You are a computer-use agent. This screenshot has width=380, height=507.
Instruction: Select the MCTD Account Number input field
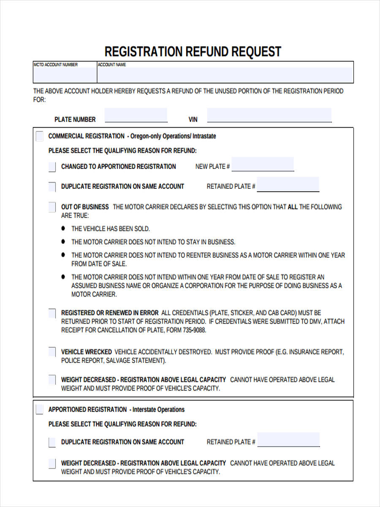click(x=65, y=75)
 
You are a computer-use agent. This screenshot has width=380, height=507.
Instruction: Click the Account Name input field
click(x=225, y=75)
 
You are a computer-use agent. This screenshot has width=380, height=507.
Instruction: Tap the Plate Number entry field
click(x=136, y=115)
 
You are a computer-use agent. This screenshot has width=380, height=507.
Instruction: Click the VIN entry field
click(x=269, y=115)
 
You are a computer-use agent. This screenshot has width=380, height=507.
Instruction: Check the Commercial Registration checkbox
click(x=39, y=136)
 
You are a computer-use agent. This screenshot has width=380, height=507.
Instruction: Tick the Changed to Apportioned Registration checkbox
click(x=52, y=167)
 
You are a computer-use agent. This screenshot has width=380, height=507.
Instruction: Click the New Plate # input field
click(x=263, y=164)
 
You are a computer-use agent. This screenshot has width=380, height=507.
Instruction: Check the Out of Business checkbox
click(x=52, y=207)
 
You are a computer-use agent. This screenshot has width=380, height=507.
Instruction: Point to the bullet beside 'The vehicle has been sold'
click(x=63, y=228)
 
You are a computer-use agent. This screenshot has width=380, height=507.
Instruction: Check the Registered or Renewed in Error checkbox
click(x=52, y=313)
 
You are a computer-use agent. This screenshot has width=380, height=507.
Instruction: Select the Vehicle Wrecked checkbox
click(x=52, y=352)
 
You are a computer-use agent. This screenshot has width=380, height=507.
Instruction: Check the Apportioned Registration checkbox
click(x=39, y=409)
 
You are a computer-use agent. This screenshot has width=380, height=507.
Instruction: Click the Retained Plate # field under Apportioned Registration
click(x=288, y=439)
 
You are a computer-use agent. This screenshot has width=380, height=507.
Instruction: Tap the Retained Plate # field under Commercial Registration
click(x=288, y=184)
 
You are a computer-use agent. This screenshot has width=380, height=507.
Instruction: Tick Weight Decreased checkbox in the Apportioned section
click(x=52, y=463)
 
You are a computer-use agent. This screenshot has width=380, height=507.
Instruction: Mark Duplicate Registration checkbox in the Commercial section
click(x=52, y=186)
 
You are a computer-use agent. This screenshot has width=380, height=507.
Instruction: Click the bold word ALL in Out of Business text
click(x=293, y=207)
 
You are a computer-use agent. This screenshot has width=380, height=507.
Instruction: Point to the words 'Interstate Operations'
click(x=158, y=409)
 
